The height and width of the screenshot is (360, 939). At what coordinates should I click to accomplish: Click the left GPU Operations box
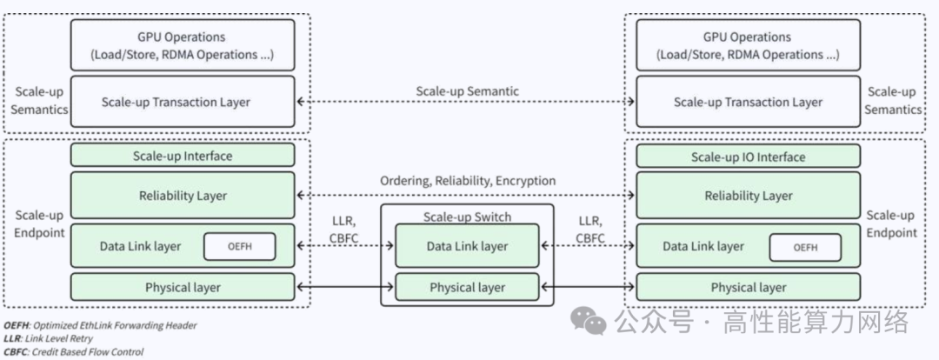pos(182,45)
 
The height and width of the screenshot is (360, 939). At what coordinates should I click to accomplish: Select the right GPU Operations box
pos(748,45)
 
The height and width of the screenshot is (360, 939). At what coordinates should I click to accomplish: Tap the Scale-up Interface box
pos(182,157)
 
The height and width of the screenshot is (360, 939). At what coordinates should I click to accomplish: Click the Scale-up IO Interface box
pos(748,157)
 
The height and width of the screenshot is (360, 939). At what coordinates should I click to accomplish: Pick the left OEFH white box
pos(239,247)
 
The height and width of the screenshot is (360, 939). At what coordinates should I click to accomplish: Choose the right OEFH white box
pos(805,247)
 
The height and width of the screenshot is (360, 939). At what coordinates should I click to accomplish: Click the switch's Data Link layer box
pos(467,246)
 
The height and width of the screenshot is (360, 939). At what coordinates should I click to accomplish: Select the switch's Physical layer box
pos(467,287)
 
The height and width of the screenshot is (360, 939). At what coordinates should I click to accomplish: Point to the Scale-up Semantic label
pos(467,90)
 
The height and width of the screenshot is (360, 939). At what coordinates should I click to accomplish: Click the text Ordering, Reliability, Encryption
pos(467,181)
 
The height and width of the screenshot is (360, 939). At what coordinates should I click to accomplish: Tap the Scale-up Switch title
pos(467,217)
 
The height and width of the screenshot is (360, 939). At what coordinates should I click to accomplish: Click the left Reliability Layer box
pos(182,196)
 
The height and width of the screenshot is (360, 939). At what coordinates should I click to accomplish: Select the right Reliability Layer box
pos(748,196)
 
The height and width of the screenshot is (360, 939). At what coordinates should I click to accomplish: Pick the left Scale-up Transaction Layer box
pos(182,103)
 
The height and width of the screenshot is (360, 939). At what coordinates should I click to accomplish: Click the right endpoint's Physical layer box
pos(748,287)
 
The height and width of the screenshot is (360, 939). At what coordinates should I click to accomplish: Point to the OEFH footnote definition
pos(99,325)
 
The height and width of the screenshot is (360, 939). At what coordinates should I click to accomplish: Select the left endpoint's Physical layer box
pos(182,287)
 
